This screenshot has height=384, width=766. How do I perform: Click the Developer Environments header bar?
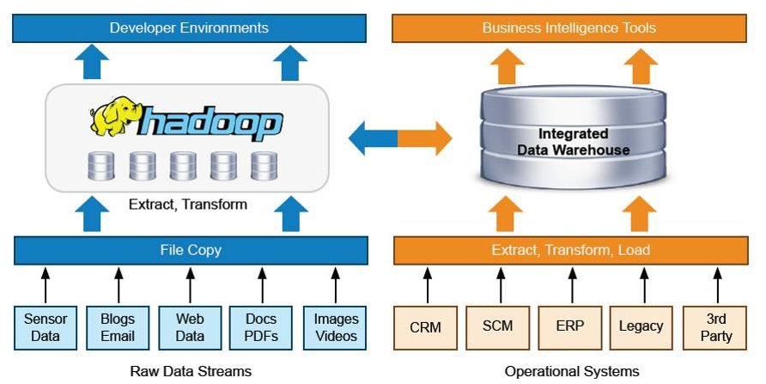tap(189, 27)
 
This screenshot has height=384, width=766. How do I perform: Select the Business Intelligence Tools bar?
tap(569, 27)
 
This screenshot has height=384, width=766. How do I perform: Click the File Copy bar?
tap(191, 250)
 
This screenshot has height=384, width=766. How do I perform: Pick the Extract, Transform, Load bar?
tap(570, 250)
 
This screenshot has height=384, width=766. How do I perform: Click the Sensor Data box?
tap(46, 328)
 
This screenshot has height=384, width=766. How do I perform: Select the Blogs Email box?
tap(118, 328)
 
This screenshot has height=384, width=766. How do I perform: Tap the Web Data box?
tap(190, 328)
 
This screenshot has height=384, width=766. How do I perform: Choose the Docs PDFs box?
tap(261, 328)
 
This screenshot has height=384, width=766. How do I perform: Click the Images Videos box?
tap(335, 328)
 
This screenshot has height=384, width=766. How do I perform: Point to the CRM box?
tap(425, 328)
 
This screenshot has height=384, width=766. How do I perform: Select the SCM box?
tap(498, 328)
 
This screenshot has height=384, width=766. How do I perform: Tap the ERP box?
tap(570, 328)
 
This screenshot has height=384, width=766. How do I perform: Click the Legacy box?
tap(641, 328)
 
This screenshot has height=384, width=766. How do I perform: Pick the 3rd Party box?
tap(715, 328)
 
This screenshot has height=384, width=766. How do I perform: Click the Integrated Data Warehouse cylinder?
tap(573, 139)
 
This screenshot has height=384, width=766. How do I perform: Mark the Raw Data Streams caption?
tap(191, 371)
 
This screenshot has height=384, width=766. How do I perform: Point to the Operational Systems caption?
tap(572, 371)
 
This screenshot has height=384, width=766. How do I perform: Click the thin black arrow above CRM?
tap(428, 285)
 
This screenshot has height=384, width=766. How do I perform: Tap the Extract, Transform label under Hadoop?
tap(188, 204)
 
